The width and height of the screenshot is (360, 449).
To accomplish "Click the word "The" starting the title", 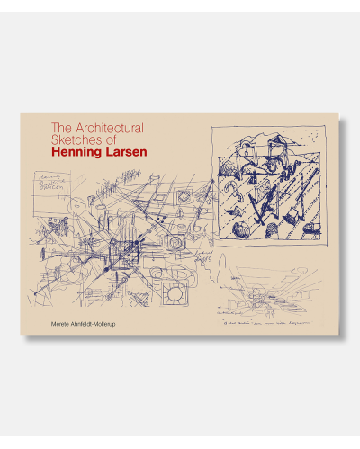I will [x=61, y=127].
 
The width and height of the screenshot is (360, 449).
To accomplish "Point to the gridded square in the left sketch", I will [x=123, y=245].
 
